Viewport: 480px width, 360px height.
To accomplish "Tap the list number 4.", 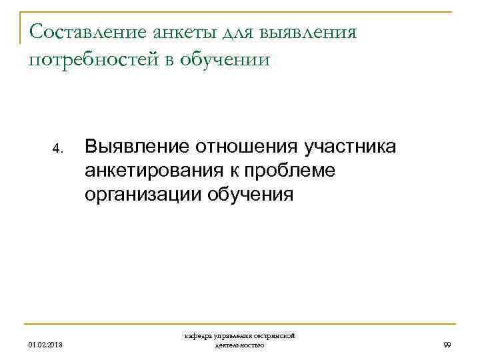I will [x=58, y=148].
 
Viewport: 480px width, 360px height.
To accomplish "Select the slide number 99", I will [x=447, y=345].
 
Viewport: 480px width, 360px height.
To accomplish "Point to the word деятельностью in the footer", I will [x=240, y=345].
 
